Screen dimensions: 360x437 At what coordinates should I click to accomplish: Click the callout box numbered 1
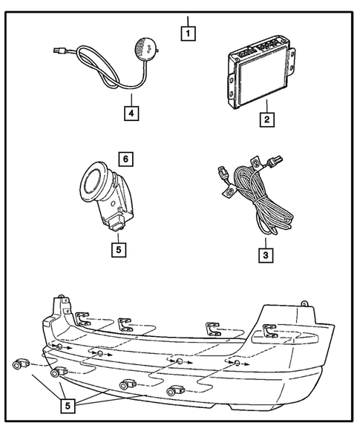click(x=188, y=33)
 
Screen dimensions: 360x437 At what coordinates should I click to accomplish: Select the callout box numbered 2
click(x=267, y=119)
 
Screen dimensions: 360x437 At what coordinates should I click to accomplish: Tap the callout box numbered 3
click(x=266, y=255)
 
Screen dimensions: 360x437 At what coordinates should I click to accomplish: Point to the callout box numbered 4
click(x=131, y=114)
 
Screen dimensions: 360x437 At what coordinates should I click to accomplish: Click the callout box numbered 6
click(x=125, y=159)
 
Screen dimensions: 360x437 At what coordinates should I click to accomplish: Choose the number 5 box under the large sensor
click(x=119, y=249)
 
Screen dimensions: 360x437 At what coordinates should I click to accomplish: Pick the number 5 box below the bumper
click(x=68, y=406)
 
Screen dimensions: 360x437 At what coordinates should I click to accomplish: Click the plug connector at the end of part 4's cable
click(x=60, y=50)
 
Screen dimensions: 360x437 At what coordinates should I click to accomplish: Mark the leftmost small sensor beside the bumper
click(x=22, y=364)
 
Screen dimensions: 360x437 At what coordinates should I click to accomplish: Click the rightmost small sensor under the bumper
click(x=175, y=391)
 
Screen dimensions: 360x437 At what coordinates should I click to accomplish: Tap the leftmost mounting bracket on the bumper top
click(x=83, y=318)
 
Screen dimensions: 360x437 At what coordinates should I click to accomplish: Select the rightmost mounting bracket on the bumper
click(x=269, y=331)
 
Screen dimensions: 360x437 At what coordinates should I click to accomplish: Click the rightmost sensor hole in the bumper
click(x=237, y=363)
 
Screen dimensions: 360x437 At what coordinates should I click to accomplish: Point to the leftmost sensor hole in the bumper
click(x=59, y=346)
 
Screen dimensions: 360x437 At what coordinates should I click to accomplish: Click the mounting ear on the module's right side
click(x=292, y=62)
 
